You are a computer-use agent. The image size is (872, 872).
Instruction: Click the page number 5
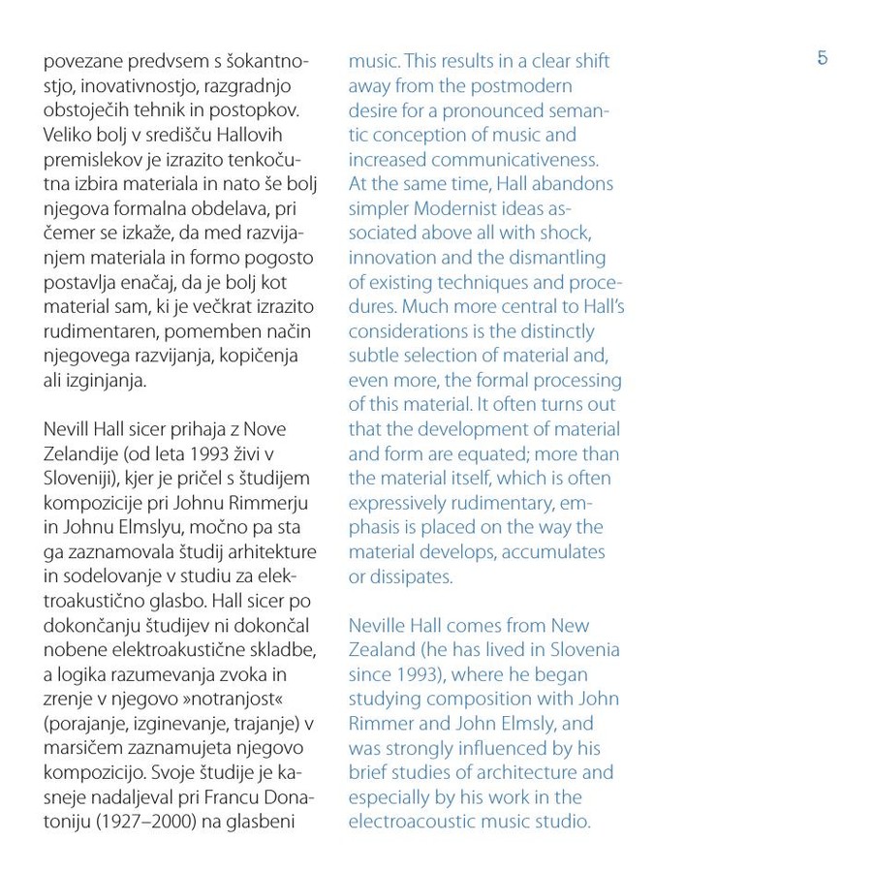click(823, 58)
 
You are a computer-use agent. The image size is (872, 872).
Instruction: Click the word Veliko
click(70, 133)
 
